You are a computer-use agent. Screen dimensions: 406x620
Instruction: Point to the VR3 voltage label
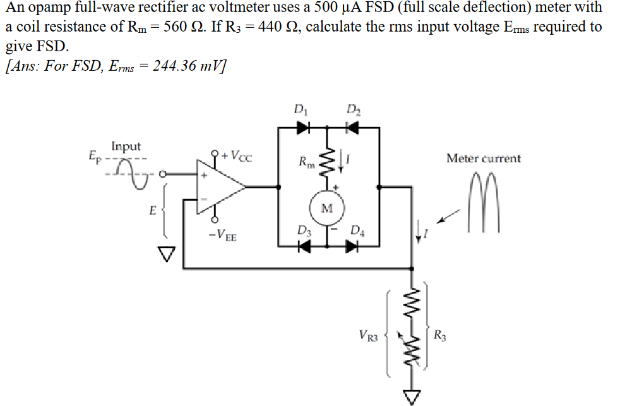[x=367, y=333]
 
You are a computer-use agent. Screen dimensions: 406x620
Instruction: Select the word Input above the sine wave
[x=126, y=147]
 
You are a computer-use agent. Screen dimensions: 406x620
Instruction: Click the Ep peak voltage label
[x=93, y=154]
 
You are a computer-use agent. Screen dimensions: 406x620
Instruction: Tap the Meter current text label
[x=484, y=158]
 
